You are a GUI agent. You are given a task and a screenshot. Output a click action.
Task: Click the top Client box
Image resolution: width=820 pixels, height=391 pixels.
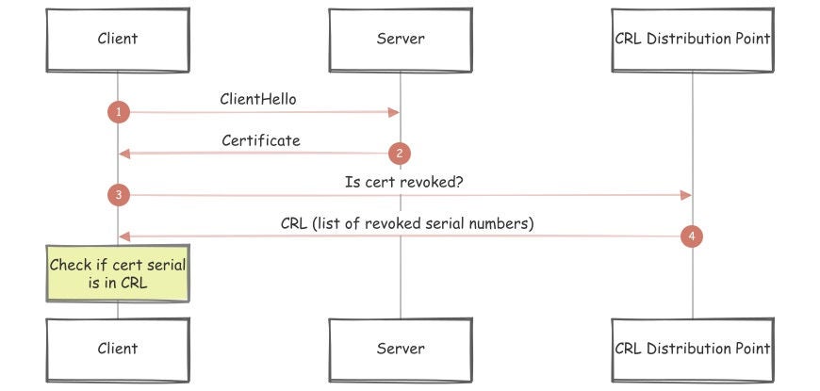click(118, 40)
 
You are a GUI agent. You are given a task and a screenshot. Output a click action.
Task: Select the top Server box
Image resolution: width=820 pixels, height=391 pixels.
click(401, 40)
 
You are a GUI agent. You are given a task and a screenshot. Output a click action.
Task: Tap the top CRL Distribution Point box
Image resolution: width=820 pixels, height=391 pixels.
click(692, 40)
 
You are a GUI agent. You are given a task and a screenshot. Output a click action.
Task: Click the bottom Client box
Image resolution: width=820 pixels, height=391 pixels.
click(118, 349)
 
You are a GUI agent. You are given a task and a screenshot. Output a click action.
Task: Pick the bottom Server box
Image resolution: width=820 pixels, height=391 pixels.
click(401, 349)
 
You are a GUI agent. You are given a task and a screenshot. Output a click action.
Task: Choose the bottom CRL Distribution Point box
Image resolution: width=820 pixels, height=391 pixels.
click(692, 349)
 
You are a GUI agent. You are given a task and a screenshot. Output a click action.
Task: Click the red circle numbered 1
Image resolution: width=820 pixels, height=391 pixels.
click(118, 112)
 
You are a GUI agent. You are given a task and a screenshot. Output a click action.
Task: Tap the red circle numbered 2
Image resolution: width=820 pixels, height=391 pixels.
click(400, 153)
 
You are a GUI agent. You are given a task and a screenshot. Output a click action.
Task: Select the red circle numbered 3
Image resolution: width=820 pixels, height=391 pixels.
click(118, 195)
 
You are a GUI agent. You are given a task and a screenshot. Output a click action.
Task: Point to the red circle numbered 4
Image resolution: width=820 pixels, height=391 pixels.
click(692, 236)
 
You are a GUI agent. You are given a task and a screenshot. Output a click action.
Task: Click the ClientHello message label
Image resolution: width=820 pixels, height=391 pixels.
click(259, 99)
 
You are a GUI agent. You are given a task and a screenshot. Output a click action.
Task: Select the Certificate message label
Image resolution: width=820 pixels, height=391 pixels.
click(261, 140)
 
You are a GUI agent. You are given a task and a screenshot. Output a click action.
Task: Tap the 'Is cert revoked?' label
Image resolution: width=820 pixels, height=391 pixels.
click(403, 182)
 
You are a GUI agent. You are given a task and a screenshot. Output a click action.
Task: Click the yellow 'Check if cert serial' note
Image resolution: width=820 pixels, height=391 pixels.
click(118, 273)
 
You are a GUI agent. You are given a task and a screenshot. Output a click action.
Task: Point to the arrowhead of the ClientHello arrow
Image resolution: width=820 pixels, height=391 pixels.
click(395, 112)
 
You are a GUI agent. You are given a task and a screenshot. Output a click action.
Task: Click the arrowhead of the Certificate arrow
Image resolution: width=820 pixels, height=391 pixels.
click(123, 153)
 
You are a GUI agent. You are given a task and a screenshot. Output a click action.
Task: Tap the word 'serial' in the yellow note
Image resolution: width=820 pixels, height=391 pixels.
click(164, 265)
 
